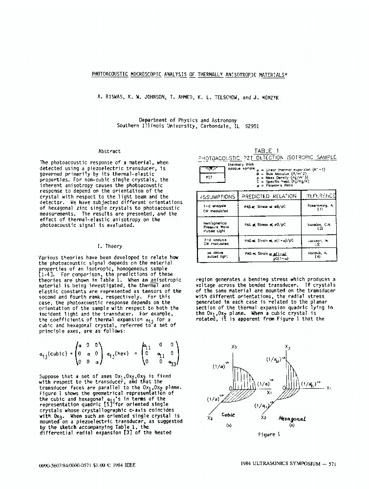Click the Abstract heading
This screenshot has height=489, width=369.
(x=109, y=152)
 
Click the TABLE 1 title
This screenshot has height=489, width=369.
(x=266, y=151)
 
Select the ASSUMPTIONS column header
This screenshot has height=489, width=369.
(x=217, y=196)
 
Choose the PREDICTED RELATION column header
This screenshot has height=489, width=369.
(x=269, y=196)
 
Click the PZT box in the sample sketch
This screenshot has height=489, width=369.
(x=208, y=178)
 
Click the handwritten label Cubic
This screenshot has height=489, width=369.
(x=228, y=415)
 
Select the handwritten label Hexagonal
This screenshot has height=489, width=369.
(x=292, y=419)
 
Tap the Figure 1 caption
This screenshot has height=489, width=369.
(x=269, y=434)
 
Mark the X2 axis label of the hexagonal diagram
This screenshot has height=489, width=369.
(x=263, y=418)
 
